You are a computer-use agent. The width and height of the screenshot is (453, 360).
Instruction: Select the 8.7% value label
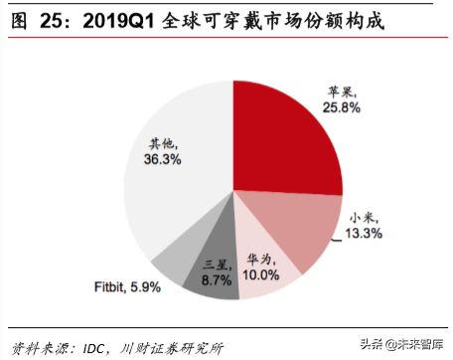tap(218, 282)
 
